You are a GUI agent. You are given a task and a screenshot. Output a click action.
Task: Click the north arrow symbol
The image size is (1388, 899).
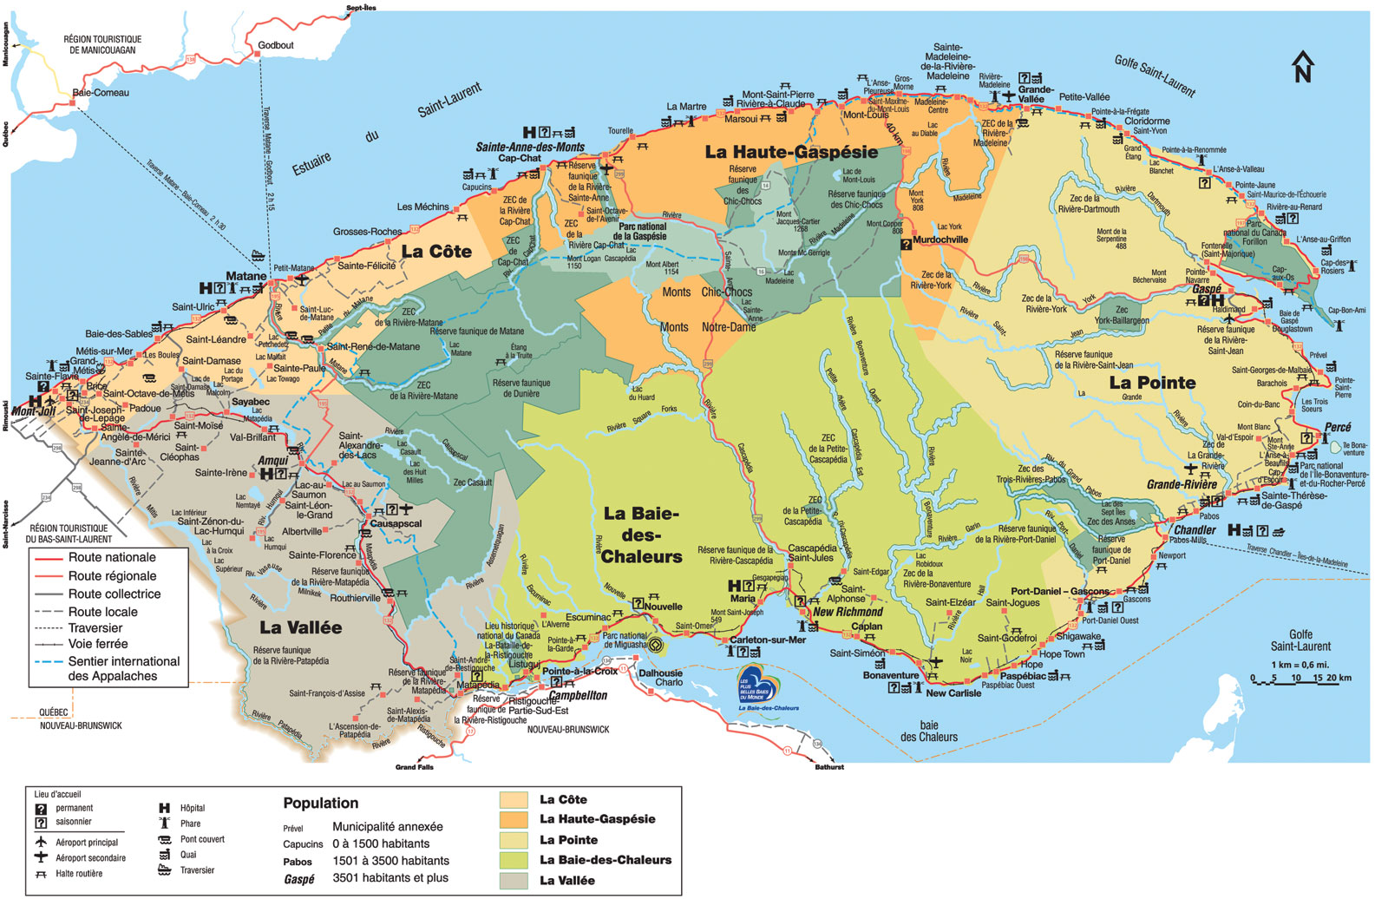[1302, 67]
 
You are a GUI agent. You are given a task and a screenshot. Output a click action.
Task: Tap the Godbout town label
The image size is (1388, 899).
[276, 45]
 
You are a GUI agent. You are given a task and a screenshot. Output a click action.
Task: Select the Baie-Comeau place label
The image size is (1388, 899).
[101, 93]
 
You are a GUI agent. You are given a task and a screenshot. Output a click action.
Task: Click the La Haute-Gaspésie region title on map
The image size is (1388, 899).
[791, 152]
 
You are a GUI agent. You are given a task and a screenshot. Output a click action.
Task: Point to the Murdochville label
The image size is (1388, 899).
[940, 240]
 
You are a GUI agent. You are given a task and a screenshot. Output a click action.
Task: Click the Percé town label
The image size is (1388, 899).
[1338, 428]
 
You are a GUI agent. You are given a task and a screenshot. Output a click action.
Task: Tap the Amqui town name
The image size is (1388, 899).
[273, 461]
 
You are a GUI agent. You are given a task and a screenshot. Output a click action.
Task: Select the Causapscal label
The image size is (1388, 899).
[396, 524]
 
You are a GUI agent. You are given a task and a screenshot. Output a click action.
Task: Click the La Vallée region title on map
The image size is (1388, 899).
[300, 627]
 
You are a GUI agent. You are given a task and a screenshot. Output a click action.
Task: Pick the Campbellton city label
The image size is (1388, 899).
[578, 695]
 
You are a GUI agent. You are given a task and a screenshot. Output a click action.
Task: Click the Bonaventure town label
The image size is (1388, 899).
[890, 675]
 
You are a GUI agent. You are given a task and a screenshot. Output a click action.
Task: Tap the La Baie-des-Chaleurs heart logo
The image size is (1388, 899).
[756, 684]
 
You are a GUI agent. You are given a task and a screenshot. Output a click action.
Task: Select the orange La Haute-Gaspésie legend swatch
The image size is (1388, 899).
[514, 819]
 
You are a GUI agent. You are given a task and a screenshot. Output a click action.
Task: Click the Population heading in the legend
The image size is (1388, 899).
[320, 804]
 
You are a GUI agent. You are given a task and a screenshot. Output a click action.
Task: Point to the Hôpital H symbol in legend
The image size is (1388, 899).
[164, 809]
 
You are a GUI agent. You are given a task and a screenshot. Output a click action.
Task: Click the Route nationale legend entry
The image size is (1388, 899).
[112, 558]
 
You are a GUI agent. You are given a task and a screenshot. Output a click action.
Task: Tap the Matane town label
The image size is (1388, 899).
[246, 276]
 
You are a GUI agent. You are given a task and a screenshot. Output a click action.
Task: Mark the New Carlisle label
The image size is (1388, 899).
[953, 693]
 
